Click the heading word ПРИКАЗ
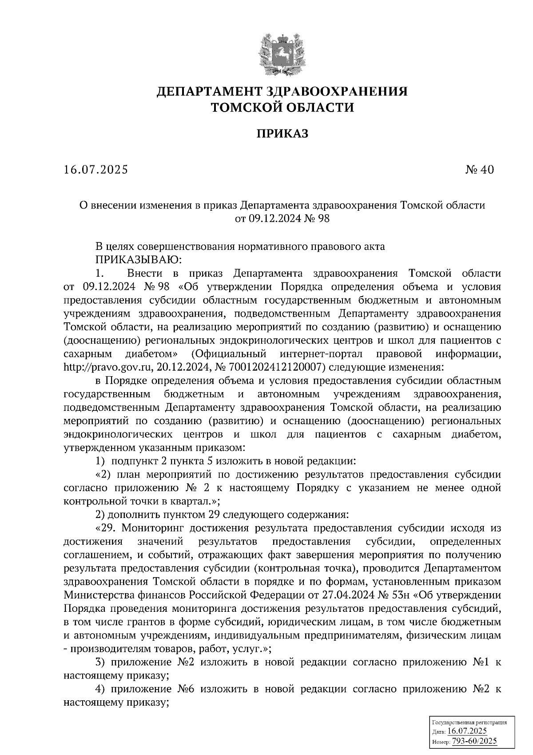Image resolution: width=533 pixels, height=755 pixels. point(282,133)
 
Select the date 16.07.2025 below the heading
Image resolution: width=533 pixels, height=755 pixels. point(96,169)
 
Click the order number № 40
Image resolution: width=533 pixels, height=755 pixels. point(479,169)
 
